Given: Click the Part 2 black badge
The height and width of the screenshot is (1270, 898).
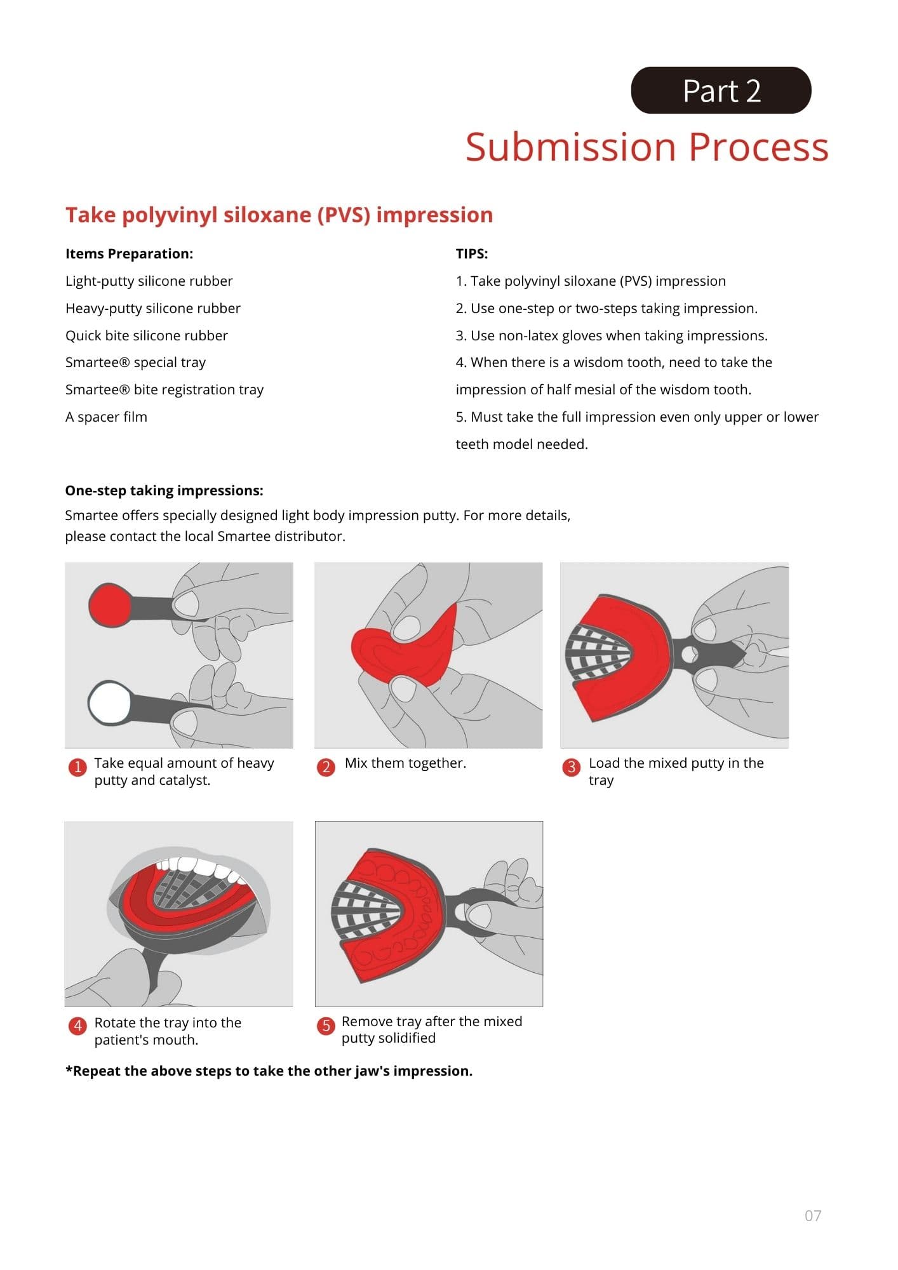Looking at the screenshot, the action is click(x=721, y=90).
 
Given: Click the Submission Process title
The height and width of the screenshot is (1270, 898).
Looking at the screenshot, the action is click(x=647, y=147).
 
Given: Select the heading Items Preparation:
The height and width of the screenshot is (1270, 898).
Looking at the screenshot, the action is click(x=129, y=253).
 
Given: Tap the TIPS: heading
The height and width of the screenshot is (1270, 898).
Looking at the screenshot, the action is click(x=472, y=253).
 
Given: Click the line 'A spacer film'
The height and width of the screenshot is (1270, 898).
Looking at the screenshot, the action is click(x=106, y=417).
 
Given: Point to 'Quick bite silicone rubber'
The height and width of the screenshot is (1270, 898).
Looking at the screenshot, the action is click(x=147, y=335).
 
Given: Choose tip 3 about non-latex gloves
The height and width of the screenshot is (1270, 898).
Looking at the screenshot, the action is click(x=612, y=335).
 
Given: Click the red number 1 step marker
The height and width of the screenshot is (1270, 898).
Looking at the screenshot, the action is click(x=77, y=767).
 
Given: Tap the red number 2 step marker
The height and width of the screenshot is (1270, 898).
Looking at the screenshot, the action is click(x=326, y=767).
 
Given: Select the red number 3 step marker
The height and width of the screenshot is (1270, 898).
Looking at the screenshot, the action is click(x=571, y=767).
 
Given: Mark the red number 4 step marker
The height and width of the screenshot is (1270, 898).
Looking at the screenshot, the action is click(x=77, y=1026).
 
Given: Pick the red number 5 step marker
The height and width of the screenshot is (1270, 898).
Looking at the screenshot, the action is click(x=326, y=1025).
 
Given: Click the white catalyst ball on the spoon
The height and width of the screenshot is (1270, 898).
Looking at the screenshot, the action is click(x=109, y=703).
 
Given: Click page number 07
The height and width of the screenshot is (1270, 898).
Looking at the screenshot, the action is click(x=813, y=1215).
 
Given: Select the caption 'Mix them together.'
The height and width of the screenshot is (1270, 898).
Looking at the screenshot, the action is click(x=405, y=763).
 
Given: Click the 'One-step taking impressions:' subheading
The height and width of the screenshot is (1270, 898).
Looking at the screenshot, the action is click(x=164, y=490).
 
